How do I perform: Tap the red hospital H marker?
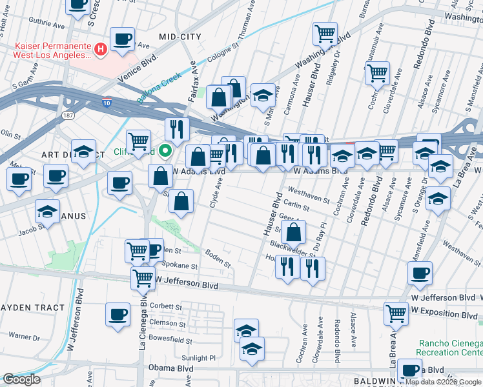tap(101, 48)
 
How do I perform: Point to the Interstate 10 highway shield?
tap(107, 102)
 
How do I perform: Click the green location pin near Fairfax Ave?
tap(165, 152)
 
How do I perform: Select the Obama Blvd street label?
tap(174, 368)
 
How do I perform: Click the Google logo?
tap(21, 379)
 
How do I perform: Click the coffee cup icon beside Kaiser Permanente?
tap(122, 39)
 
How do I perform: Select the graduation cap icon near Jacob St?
tap(47, 211)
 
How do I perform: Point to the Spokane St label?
tap(180, 266)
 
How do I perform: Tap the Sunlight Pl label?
tap(198, 358)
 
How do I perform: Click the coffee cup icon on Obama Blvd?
tap(409, 370)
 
